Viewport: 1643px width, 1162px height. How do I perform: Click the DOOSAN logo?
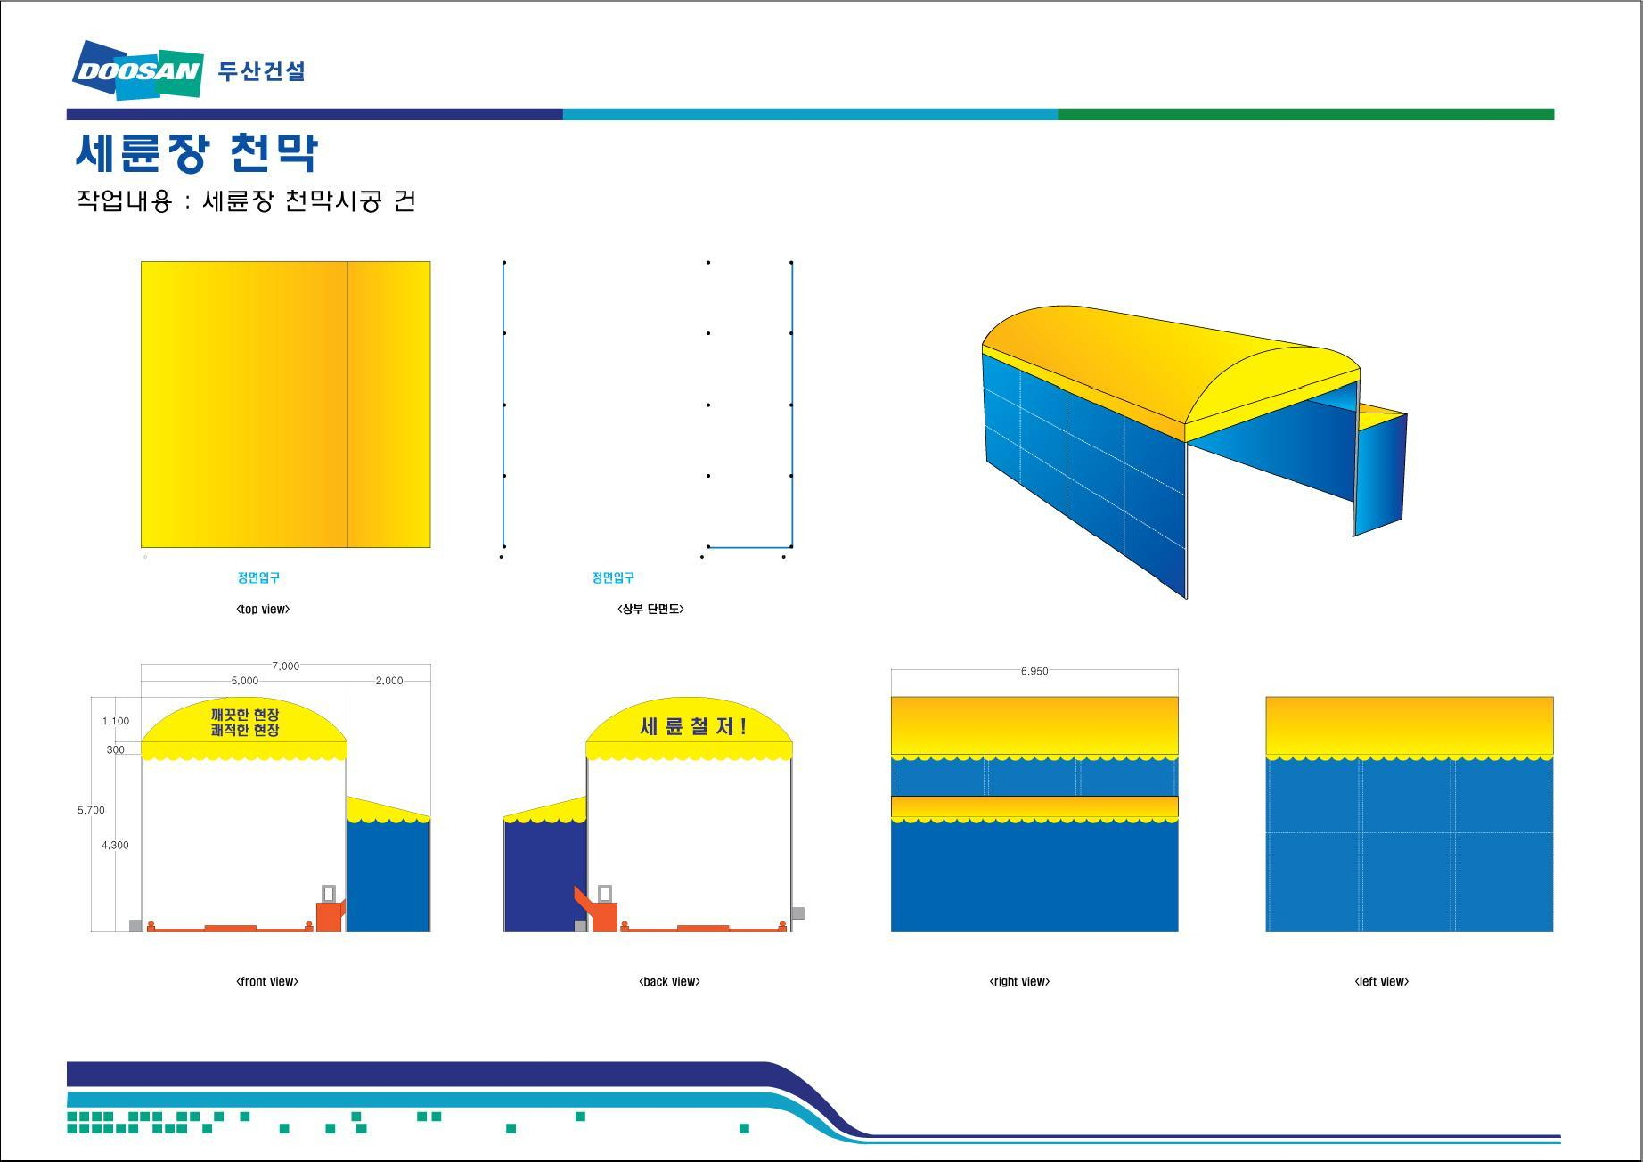[x=138, y=70]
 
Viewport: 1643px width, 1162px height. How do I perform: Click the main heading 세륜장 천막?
[x=197, y=152]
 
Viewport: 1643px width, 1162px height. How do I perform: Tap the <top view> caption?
[x=263, y=610]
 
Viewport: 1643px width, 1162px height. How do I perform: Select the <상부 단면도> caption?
[x=650, y=609]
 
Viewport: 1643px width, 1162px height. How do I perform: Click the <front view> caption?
[x=267, y=982]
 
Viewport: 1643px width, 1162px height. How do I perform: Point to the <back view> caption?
[x=669, y=982]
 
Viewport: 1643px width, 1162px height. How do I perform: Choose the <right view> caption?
[x=1019, y=982]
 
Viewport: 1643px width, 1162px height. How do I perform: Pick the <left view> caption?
[x=1382, y=982]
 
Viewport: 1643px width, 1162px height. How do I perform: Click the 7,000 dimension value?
[x=285, y=666]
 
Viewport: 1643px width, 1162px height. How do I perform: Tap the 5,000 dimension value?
[x=244, y=681]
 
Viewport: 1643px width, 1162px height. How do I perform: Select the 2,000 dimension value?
[x=388, y=681]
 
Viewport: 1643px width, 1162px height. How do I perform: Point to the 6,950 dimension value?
[x=1034, y=671]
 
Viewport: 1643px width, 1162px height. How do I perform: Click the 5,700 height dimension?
[x=91, y=810]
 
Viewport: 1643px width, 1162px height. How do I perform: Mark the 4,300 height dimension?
[x=115, y=845]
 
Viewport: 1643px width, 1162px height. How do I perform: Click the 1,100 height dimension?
[x=116, y=721]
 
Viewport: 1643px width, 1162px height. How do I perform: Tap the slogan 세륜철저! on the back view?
[x=693, y=726]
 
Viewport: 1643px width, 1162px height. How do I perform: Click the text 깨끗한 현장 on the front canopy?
[x=245, y=715]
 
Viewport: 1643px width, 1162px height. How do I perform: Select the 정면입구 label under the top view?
[x=258, y=577]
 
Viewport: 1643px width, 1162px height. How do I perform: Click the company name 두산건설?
[x=261, y=71]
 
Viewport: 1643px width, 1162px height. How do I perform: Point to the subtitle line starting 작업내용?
[x=246, y=200]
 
